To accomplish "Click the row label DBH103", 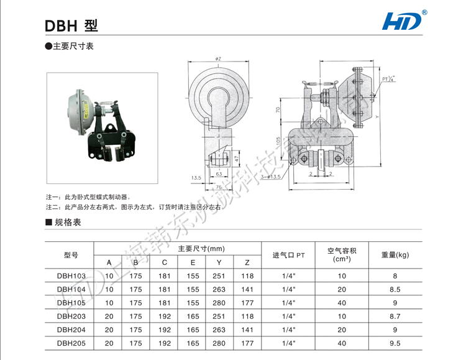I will [71, 275].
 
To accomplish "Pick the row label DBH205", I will [71, 343].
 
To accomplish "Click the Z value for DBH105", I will [247, 303].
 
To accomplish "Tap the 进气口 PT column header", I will [288, 255].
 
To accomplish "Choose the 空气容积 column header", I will [342, 255].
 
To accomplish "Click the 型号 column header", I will [71, 255].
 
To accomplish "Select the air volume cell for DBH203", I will [342, 316].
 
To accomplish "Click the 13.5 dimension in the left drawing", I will [196, 178].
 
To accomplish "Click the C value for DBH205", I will [165, 343].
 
